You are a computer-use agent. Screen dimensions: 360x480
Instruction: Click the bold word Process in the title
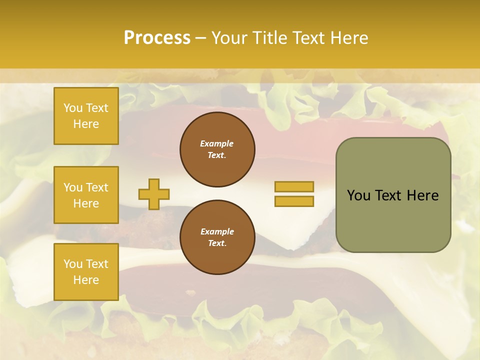point(157,38)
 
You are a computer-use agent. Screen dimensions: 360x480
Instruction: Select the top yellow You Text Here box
point(86,116)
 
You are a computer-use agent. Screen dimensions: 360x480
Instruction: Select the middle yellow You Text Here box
point(86,195)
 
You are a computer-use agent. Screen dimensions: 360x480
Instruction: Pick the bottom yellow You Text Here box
point(86,272)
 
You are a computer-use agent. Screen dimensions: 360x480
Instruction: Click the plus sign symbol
point(154,194)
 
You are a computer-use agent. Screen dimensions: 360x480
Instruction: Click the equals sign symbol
point(294,194)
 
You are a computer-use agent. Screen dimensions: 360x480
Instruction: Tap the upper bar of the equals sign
point(294,186)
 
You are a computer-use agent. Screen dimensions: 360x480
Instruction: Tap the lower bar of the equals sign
point(294,201)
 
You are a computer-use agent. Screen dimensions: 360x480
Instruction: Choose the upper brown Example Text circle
point(217,149)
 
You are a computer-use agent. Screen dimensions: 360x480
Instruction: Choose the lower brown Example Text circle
point(217,237)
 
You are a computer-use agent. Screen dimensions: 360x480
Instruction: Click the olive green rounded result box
point(393,195)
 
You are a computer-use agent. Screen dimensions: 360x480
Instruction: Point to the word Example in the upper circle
point(217,143)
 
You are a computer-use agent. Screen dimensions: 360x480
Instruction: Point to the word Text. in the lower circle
point(217,243)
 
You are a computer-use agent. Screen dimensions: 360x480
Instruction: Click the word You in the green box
point(358,195)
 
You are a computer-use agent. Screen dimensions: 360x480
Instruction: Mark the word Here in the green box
point(423,195)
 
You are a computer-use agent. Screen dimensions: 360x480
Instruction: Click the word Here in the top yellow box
point(86,124)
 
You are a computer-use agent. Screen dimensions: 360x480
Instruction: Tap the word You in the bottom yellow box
point(73,264)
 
